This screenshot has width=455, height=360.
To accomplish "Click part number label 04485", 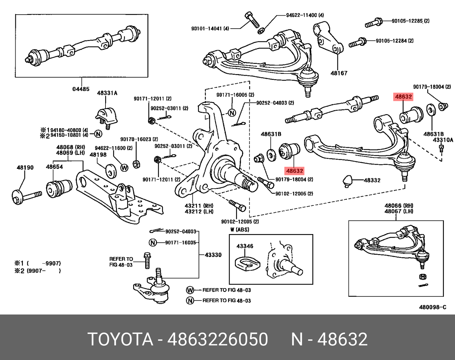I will [x=81, y=89].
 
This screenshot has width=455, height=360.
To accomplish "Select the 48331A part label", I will [x=107, y=93].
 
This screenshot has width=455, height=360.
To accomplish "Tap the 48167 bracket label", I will [x=339, y=73].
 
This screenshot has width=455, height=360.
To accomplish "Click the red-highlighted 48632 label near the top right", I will [x=403, y=97].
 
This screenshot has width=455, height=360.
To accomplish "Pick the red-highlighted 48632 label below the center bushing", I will [x=295, y=171].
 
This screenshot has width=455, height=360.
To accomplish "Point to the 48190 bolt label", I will [x=25, y=167].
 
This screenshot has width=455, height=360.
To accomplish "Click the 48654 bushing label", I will [x=54, y=167].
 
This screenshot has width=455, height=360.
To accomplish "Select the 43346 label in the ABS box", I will [x=245, y=246].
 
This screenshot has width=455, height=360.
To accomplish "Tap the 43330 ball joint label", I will [x=213, y=255].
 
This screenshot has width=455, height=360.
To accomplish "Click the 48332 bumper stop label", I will [x=372, y=180].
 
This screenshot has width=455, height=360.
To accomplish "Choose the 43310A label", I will [x=443, y=140].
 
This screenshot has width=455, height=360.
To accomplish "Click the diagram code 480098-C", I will [x=432, y=307].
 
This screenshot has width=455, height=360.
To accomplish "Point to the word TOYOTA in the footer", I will [x=121, y=339].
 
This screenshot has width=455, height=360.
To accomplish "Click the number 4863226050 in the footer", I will [x=218, y=339].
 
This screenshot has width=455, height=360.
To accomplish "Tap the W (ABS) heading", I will [x=240, y=229].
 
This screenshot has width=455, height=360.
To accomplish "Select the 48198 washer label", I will [x=98, y=155].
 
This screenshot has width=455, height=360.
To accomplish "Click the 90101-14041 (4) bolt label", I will [x=210, y=29].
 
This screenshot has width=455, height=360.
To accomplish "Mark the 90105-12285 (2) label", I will [x=411, y=21].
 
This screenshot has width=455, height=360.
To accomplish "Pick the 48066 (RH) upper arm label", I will [x=399, y=206].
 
